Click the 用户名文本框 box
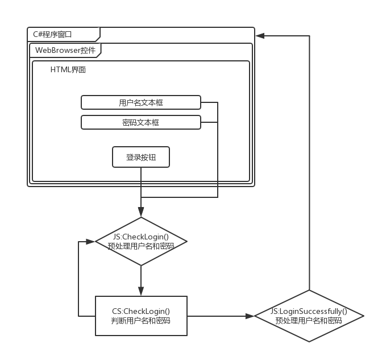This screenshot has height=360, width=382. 140,102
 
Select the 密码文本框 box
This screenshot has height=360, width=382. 140,122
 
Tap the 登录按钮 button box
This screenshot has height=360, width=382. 141,157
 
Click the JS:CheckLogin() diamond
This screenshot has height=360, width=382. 141,241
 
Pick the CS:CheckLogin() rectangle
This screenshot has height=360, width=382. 141,316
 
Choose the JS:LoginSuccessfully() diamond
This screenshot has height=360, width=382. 309,316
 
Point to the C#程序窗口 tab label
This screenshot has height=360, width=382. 52,34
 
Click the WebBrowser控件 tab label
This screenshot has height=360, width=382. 65,50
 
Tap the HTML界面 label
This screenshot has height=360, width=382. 68,70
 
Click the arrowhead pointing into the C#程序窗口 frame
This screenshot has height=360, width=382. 259,35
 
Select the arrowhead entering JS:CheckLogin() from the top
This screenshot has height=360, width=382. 141,213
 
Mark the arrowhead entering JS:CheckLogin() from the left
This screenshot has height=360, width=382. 92,241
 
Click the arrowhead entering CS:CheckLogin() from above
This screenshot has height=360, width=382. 141,292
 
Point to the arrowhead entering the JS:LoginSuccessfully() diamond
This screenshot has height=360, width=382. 252,316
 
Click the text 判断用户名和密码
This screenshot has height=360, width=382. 141,321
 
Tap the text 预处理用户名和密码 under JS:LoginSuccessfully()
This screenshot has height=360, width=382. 309,321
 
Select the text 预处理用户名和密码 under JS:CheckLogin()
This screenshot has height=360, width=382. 141,246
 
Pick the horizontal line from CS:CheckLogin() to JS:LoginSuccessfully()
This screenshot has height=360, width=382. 219,316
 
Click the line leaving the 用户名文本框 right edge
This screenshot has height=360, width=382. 209,102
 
